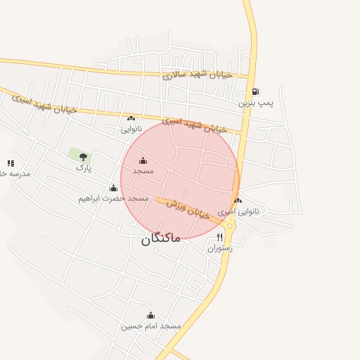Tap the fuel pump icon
(x=255, y=91)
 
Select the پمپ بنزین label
(x=255, y=103)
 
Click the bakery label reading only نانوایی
(x=131, y=129)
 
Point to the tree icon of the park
(x=84, y=157)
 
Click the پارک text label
(x=84, y=169)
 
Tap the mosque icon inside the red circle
(x=143, y=161)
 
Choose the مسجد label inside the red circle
(x=143, y=172)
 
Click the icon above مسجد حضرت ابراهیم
(x=114, y=188)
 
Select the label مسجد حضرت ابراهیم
(x=114, y=199)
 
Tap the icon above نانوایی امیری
(x=238, y=200)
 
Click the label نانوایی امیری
(x=238, y=211)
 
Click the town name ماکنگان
(x=161, y=238)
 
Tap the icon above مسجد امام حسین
(x=150, y=315)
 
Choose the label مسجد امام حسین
(x=150, y=326)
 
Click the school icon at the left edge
(x=10, y=163)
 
